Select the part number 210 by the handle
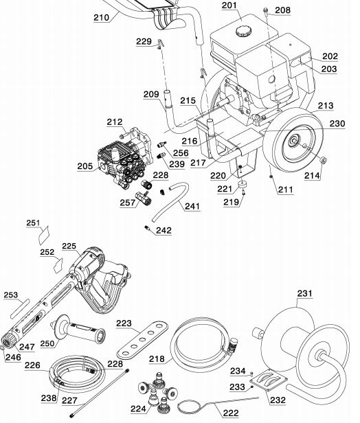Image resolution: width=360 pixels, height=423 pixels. (x=102, y=19)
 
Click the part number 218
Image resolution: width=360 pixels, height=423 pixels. (x=157, y=359)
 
